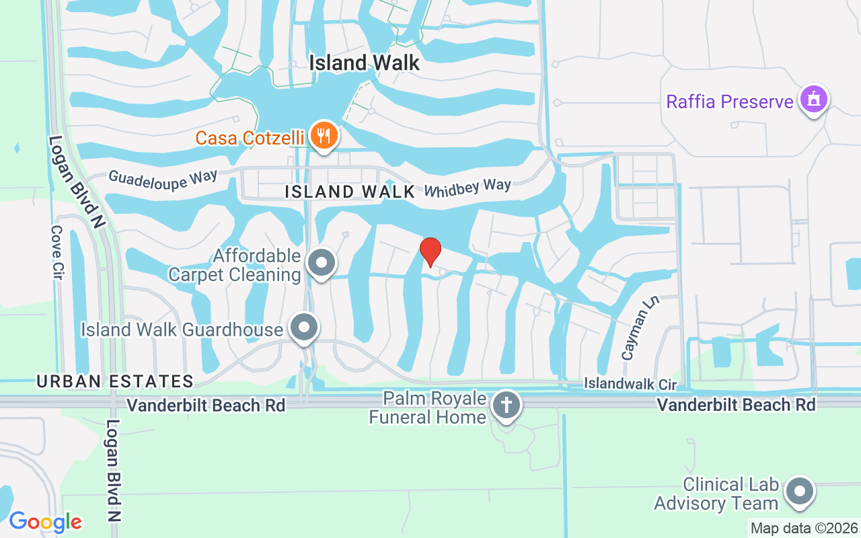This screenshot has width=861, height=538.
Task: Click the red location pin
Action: [430, 252]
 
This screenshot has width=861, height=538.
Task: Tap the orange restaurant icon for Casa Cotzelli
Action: [325, 136]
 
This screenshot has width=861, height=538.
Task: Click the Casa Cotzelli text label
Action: [252, 139]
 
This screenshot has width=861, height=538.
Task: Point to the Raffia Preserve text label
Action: [730, 102]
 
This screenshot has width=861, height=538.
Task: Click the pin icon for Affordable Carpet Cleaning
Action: [322, 263]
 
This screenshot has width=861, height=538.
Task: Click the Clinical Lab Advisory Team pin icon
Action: [800, 492]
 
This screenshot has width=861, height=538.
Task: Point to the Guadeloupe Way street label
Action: [163, 179]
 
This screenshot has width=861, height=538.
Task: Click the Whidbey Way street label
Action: [467, 187]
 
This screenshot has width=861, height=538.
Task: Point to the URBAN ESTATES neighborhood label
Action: [115, 381]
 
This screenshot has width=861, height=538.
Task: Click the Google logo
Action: [45, 522]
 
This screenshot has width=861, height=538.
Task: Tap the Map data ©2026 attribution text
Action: [804, 528]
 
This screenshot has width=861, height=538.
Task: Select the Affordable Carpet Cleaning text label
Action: [234, 265]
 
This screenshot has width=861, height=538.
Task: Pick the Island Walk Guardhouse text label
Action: [182, 330]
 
